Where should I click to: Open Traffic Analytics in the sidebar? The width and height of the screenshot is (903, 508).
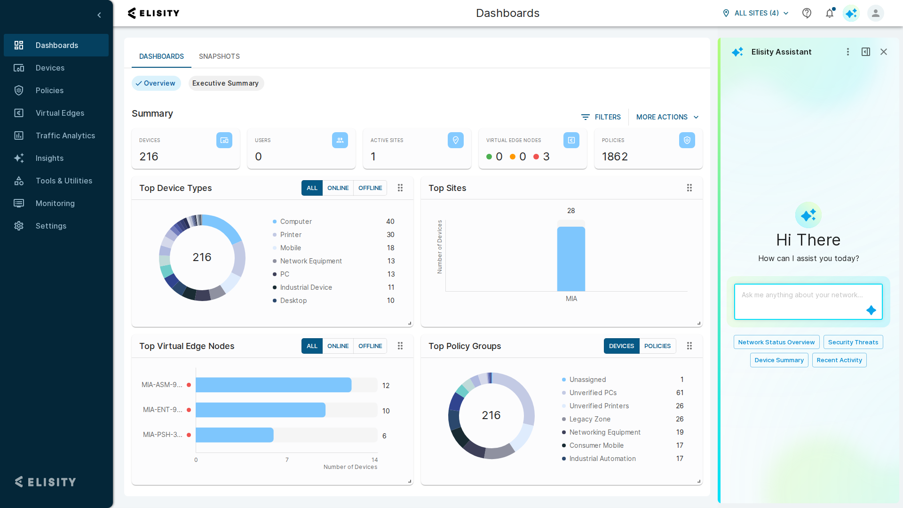(x=65, y=135)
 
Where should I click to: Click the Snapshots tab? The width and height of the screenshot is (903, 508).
(x=219, y=56)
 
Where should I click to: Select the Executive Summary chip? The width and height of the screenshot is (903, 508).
(x=226, y=83)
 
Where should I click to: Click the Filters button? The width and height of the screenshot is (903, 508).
(x=601, y=117)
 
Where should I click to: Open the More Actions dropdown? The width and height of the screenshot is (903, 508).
(x=667, y=117)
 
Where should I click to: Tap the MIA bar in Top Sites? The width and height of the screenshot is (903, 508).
(x=571, y=259)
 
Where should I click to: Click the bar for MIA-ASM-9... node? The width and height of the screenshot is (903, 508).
(x=273, y=385)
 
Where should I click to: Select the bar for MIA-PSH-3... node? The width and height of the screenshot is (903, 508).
(x=234, y=435)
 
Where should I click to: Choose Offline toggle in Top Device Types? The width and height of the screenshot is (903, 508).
(x=370, y=188)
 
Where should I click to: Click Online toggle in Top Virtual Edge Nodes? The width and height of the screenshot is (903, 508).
(x=338, y=346)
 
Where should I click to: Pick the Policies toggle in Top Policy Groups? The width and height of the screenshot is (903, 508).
(x=657, y=346)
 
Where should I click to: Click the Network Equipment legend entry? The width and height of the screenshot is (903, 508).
(x=311, y=261)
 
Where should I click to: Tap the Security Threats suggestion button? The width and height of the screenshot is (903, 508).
(x=853, y=342)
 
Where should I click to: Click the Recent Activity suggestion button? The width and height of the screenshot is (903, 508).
(x=839, y=360)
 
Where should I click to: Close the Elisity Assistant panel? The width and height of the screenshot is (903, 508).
(x=884, y=52)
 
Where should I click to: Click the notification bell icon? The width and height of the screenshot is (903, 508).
(x=830, y=13)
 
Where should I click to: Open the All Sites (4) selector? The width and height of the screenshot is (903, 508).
(x=756, y=13)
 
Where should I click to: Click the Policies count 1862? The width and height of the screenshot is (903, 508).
(x=615, y=157)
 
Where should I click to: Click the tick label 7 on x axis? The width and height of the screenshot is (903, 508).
(x=287, y=460)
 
